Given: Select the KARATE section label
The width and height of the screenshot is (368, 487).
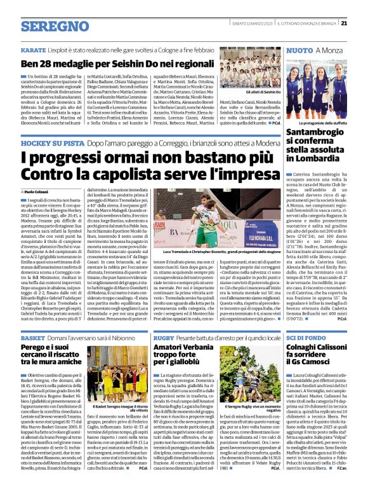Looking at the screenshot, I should [33, 49].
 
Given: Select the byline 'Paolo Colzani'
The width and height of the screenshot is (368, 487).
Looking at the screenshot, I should [37, 191].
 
